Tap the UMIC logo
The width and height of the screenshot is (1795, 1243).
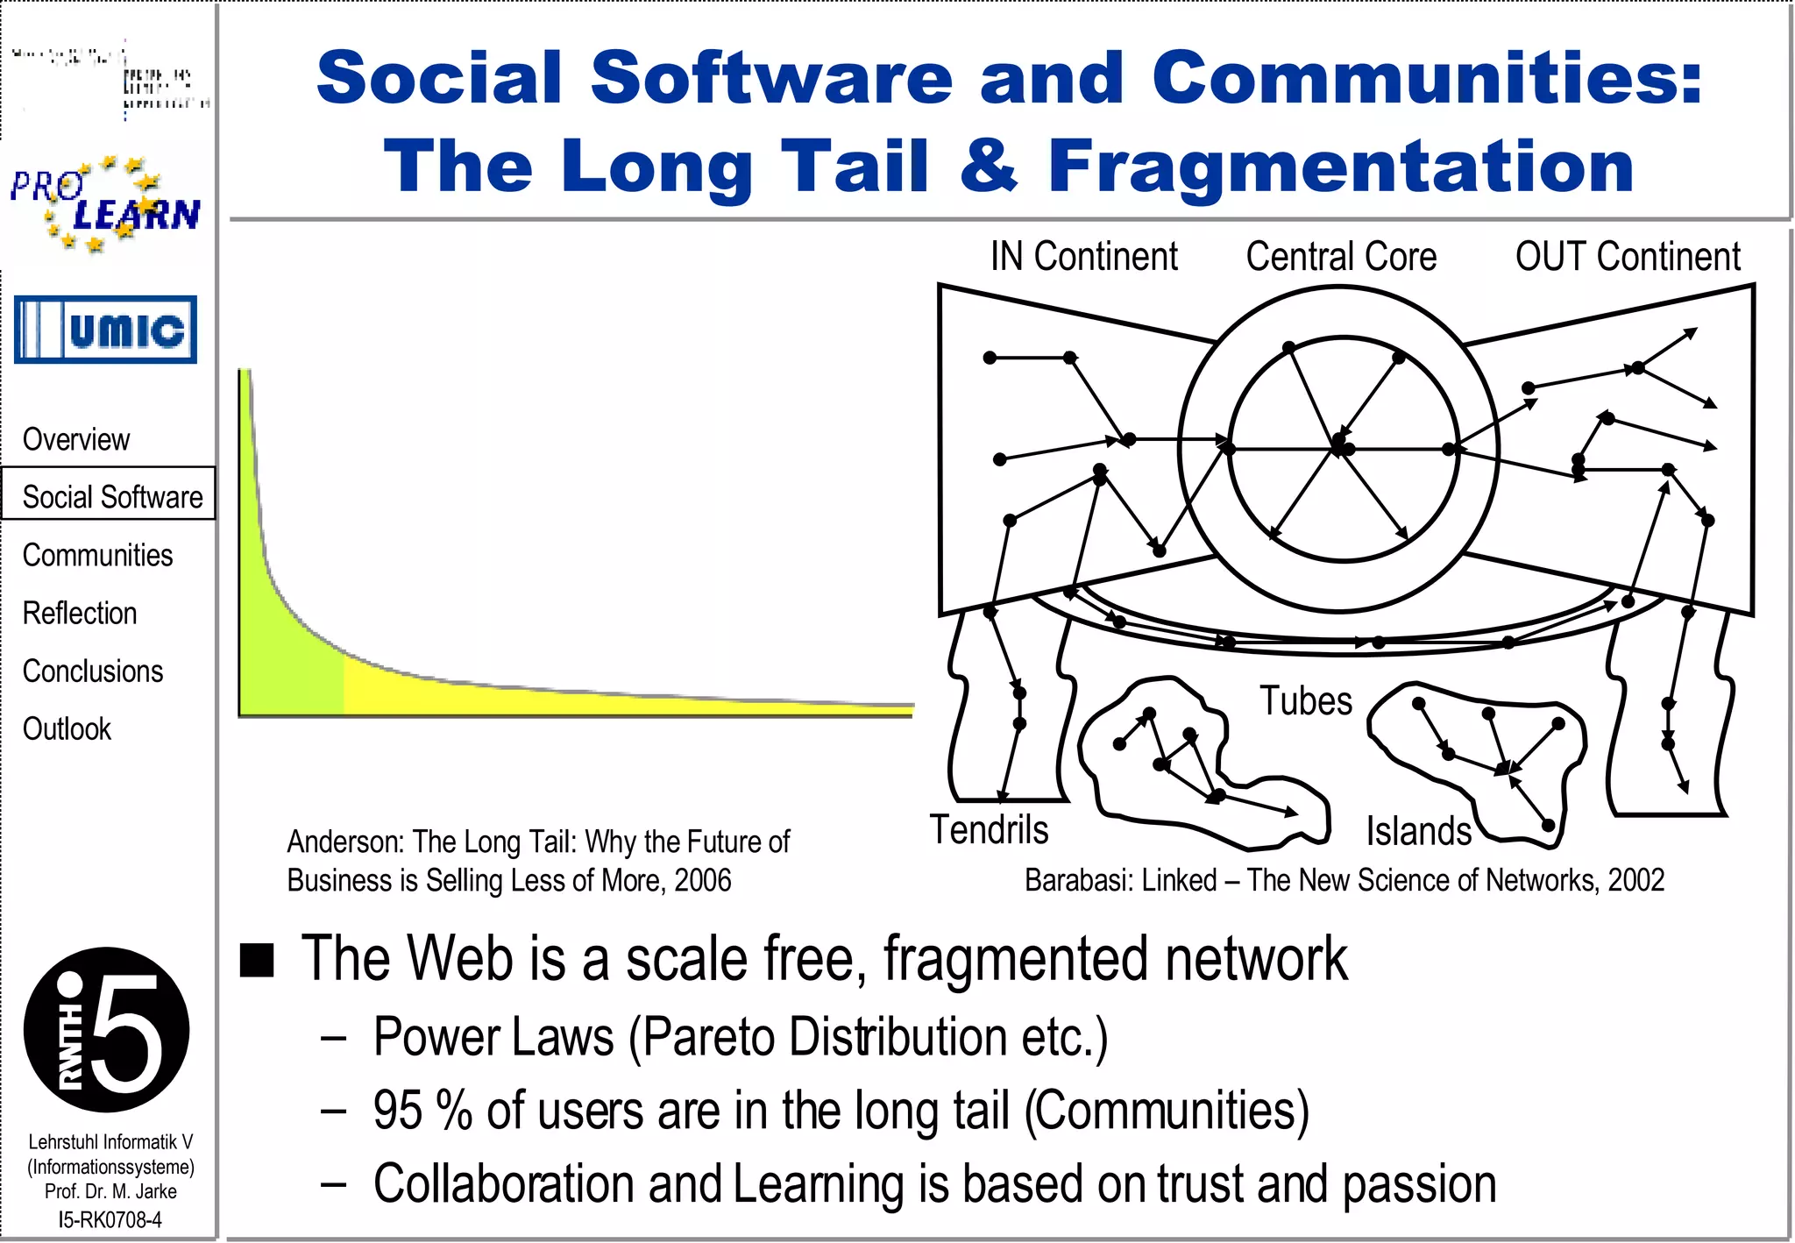[105, 330]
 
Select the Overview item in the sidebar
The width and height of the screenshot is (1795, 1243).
[76, 439]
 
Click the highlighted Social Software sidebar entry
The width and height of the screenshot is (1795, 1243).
[111, 496]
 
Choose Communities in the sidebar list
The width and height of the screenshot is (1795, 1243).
[97, 555]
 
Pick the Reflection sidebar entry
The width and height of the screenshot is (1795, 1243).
[80, 613]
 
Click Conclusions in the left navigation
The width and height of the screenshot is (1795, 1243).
[93, 671]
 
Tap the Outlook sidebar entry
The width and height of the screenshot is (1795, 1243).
[67, 728]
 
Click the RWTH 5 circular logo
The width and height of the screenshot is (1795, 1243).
[107, 1029]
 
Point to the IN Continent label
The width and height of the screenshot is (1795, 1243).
[1083, 257]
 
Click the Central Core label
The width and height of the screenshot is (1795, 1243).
[1341, 257]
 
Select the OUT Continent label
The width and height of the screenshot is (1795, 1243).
[1628, 257]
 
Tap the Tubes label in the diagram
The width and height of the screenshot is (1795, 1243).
[1306, 700]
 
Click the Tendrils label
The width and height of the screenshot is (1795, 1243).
[989, 829]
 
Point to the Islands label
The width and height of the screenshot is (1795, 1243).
[1418, 831]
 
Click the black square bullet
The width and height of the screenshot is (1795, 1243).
[257, 960]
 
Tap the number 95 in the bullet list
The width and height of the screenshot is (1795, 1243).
[398, 1110]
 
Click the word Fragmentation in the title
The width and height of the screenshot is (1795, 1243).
[1341, 167]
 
